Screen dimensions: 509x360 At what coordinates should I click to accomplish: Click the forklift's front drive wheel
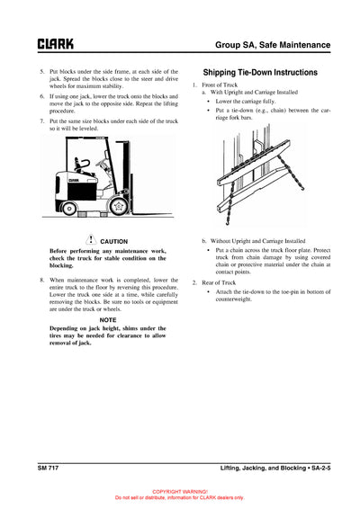click(117, 210)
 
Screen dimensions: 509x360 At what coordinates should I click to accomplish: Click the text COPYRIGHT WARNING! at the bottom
click(179, 491)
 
